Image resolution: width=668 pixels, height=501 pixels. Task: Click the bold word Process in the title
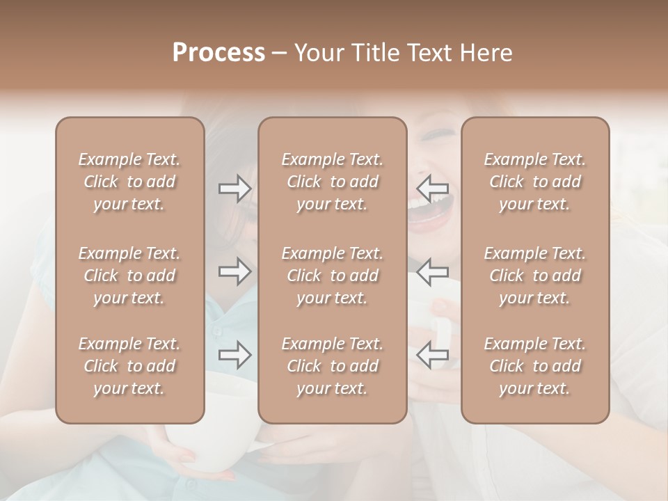coord(218,53)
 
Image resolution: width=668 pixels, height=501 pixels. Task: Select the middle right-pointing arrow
coord(234,271)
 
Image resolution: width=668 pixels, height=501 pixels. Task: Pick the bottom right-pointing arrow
coord(234,355)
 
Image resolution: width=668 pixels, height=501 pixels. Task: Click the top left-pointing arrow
coord(432,188)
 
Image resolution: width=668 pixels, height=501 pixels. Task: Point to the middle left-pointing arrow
coord(432,271)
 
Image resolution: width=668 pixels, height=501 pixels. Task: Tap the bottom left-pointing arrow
coord(432,355)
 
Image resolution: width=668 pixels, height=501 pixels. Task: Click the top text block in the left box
coord(129,182)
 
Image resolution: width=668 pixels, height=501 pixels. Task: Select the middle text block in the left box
coord(129,276)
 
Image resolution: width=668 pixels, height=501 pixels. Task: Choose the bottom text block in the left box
coord(129,366)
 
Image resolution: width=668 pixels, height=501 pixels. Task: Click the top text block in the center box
coord(333,182)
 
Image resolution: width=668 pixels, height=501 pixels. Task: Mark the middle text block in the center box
coord(333,276)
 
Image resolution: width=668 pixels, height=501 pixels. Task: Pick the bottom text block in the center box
coord(333,366)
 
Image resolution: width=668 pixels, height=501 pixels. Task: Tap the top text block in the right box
coord(535,182)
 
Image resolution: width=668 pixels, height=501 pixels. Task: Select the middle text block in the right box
coord(535,276)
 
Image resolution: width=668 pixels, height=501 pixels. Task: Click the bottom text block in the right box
coord(535,366)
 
